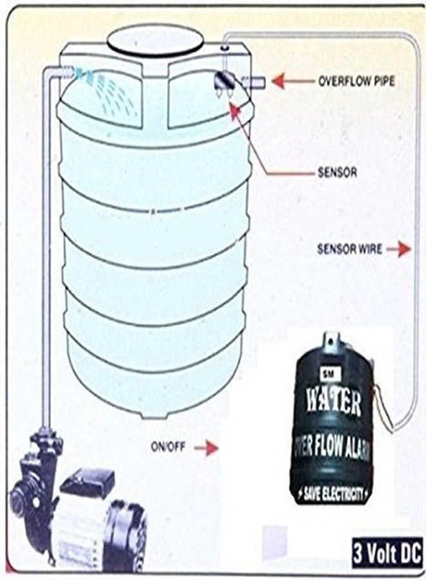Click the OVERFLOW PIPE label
[356, 81]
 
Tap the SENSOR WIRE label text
[349, 249]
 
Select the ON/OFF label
[168, 447]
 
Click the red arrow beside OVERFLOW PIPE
[292, 81]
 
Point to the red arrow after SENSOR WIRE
[399, 249]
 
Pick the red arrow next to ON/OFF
[207, 448]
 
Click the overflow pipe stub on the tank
[254, 82]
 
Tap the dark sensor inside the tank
[225, 81]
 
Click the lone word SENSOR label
[338, 173]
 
